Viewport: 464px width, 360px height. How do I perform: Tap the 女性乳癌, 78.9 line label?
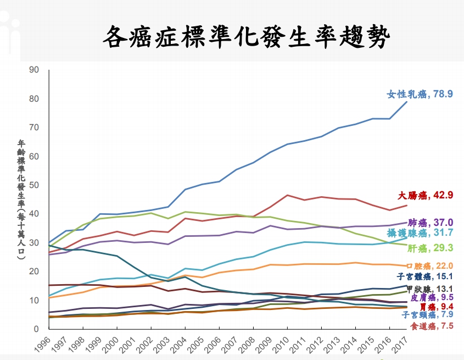(x=420, y=94)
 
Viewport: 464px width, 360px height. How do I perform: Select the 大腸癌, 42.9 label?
(x=426, y=195)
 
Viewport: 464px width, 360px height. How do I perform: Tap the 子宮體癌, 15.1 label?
(x=425, y=276)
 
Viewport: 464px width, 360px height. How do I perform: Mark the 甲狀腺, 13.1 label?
(x=429, y=289)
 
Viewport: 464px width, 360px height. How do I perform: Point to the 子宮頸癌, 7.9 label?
(x=427, y=315)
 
